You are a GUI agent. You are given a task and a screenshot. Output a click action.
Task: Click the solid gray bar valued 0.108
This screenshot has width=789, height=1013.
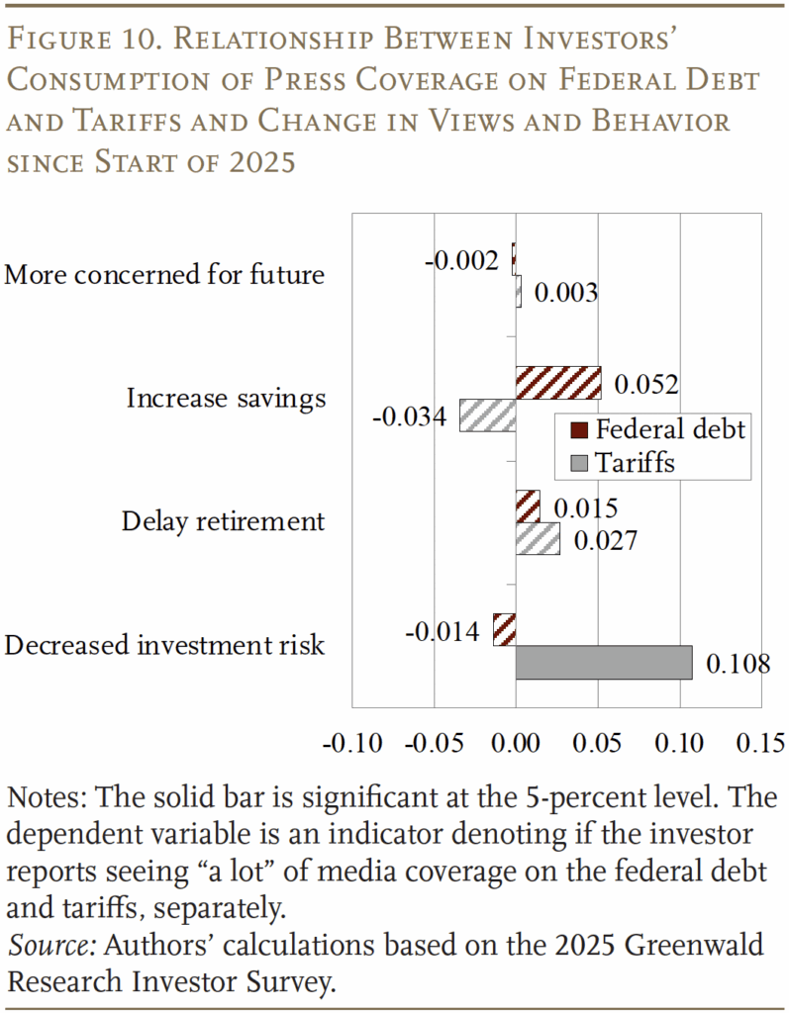tap(604, 663)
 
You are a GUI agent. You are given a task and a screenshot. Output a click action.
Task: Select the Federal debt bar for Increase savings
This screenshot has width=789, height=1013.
tap(558, 382)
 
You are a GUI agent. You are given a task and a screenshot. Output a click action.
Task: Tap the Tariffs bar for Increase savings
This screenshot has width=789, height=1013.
tap(488, 414)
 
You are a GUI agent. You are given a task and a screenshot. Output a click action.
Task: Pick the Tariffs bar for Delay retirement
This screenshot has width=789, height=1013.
tap(538, 538)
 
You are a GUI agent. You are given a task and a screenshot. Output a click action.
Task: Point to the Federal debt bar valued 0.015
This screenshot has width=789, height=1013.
tap(528, 506)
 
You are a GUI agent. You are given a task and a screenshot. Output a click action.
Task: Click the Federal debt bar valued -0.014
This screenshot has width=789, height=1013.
tap(505, 630)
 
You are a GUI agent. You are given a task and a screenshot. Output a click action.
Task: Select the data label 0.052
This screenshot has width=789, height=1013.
tap(645, 384)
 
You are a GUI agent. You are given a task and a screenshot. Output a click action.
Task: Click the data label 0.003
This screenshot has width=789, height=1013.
tap(565, 293)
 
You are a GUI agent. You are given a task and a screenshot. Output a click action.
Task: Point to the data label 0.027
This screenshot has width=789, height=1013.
tap(604, 540)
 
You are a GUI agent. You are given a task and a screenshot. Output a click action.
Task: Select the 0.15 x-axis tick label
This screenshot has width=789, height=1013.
tap(760, 741)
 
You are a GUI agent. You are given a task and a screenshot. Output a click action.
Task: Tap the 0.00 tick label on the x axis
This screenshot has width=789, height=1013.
tap(516, 741)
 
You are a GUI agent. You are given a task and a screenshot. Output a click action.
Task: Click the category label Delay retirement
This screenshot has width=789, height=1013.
tap(223, 521)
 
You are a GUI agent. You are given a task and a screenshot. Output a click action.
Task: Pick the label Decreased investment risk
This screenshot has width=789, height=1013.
tap(164, 645)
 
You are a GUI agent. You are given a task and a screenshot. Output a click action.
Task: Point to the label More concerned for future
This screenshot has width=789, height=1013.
tap(164, 274)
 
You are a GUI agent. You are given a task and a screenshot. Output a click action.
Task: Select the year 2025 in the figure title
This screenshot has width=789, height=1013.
tap(263, 161)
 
